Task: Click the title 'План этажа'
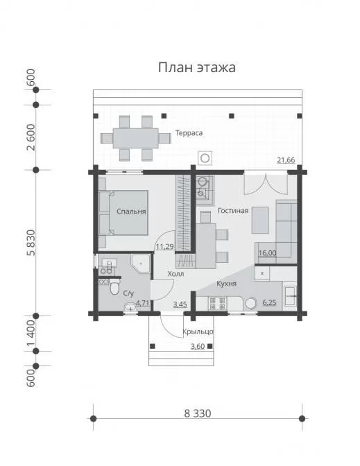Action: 197,67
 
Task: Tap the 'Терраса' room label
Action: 189,133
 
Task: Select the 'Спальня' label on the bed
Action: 131,212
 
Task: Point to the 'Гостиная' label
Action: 233,211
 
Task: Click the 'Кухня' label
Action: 227,284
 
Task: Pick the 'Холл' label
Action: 175,274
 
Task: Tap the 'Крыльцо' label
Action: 198,331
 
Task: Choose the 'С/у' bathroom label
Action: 128,293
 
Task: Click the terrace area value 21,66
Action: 286,160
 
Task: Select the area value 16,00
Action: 268,253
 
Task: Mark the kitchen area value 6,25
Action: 269,303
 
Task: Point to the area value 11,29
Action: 164,246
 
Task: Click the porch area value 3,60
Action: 198,347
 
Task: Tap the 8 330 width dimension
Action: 198,413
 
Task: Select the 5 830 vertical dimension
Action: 31,243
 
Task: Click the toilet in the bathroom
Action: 114,286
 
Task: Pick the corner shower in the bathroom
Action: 141,264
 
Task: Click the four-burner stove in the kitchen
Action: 218,304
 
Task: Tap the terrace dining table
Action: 135,138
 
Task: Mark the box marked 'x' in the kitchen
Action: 262,273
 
